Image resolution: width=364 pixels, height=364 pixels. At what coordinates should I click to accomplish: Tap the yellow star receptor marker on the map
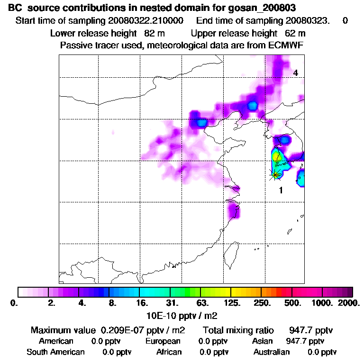tap(275, 174)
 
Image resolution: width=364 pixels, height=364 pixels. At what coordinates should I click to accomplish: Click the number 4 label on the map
tap(295, 73)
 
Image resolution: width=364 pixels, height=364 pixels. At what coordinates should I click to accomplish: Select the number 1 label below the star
tap(281, 191)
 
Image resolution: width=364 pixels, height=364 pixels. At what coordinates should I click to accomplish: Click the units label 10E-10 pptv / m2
tap(182, 315)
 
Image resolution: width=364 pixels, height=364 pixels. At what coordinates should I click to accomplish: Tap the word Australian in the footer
tap(272, 352)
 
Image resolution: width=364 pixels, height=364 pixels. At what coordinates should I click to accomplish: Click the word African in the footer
tap(169, 352)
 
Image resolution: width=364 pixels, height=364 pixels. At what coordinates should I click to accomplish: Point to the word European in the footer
tap(163, 341)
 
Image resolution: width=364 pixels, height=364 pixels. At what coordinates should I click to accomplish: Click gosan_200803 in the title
tap(266, 8)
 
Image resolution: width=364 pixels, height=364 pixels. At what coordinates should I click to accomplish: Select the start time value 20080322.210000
tap(146, 21)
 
